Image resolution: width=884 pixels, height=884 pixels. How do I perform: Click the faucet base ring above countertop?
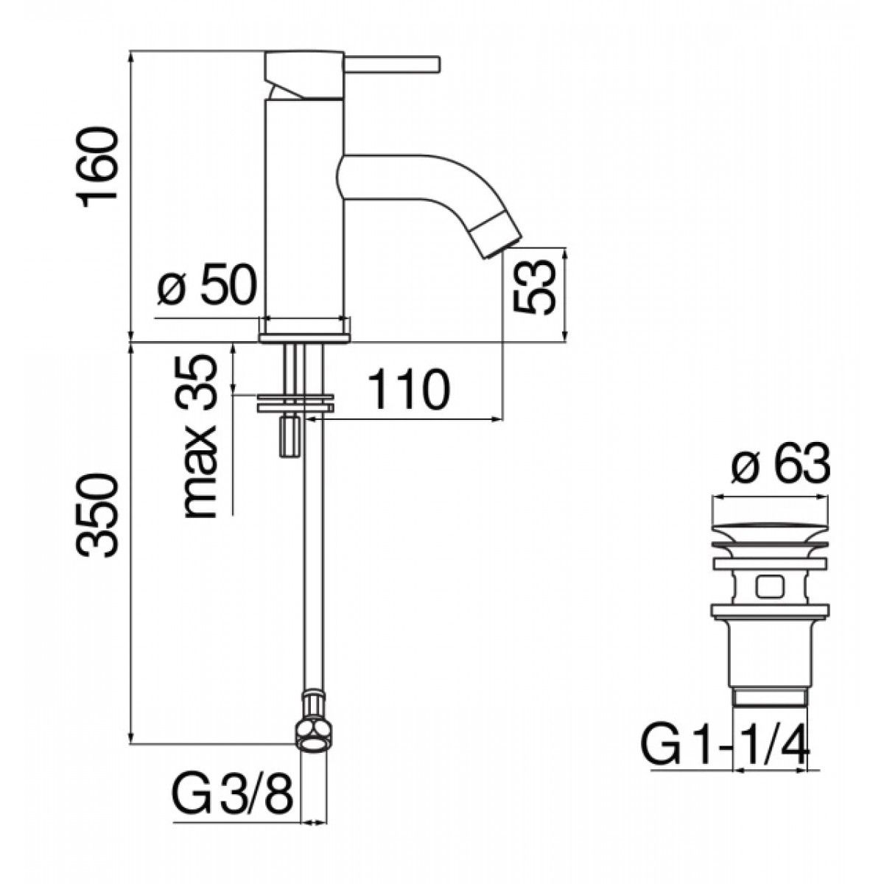[305, 329]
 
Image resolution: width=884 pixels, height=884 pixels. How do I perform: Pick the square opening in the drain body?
[768, 587]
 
